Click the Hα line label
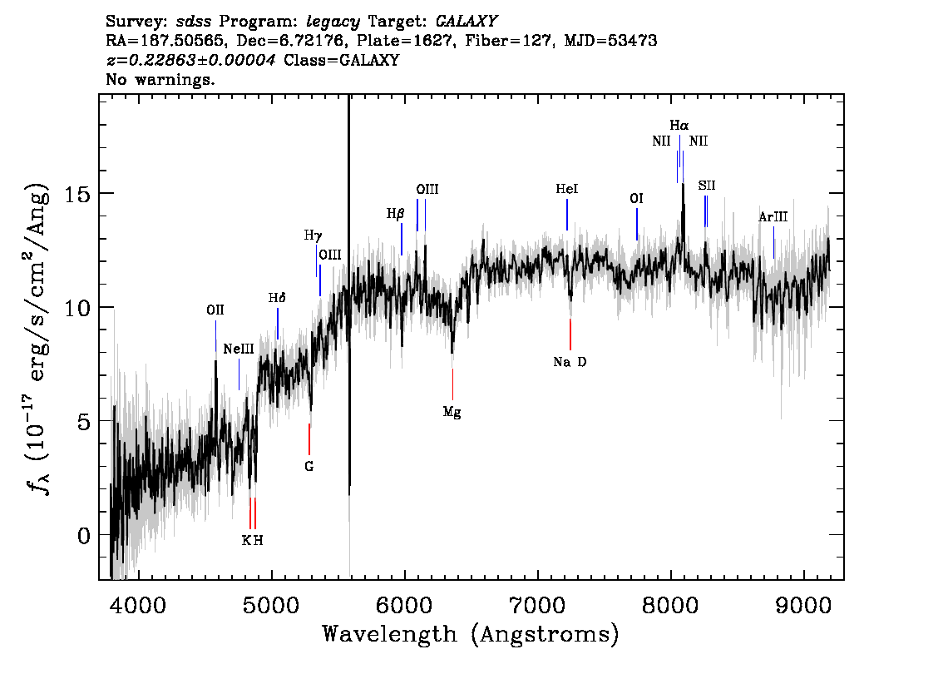click(x=679, y=126)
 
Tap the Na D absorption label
click(x=570, y=362)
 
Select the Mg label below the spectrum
click(x=452, y=412)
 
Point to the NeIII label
click(x=239, y=349)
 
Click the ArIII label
click(x=773, y=216)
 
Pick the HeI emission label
click(x=566, y=189)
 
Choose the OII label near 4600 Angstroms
click(x=215, y=310)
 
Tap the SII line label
click(x=707, y=186)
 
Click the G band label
click(x=309, y=466)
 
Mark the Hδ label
click(x=277, y=297)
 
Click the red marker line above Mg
click(x=452, y=384)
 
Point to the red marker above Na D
click(x=570, y=334)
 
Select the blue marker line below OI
click(x=637, y=224)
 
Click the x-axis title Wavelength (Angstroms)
click(x=471, y=634)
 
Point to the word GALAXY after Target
click(x=466, y=22)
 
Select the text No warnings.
click(x=160, y=79)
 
